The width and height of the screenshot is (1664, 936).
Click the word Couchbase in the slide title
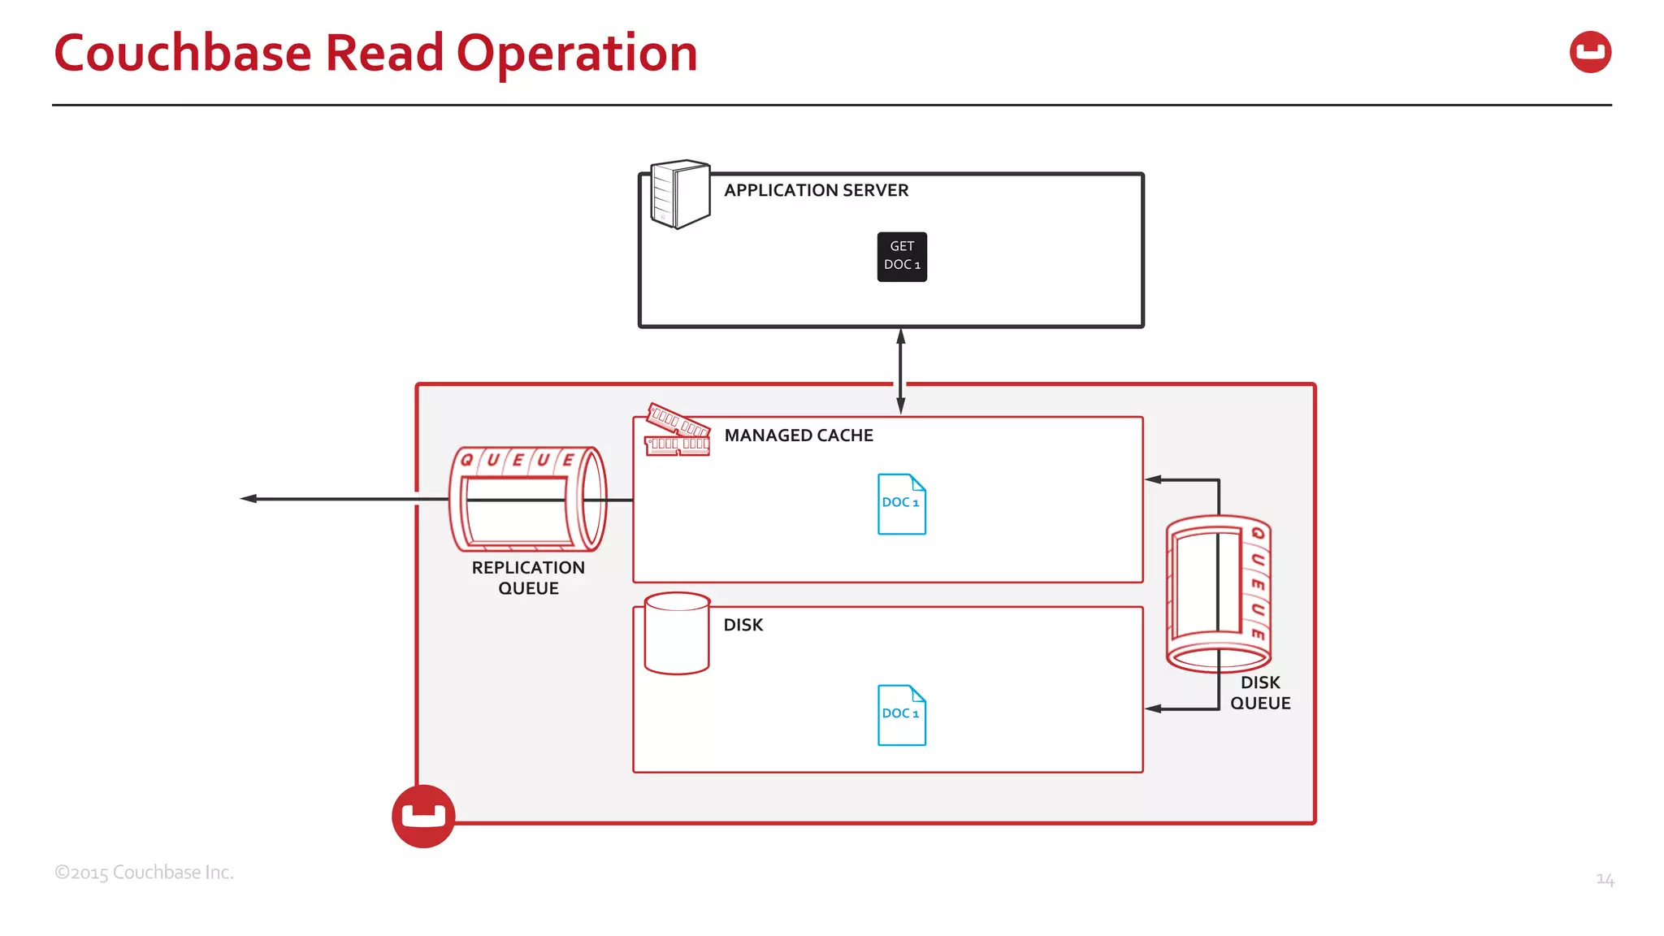coord(183,54)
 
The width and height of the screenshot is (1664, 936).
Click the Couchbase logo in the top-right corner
coord(1590,52)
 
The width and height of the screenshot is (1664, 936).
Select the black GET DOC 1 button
coord(902,257)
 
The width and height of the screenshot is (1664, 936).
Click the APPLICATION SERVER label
coord(816,190)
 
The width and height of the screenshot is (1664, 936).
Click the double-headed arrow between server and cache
coord(900,370)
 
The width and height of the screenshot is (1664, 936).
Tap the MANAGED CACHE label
coord(798,435)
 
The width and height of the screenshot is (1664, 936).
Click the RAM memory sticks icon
coord(678,431)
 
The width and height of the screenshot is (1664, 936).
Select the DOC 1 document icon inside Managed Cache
coord(901,504)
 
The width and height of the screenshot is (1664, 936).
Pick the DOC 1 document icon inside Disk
coord(901,715)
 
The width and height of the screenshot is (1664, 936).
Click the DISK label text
coord(743,625)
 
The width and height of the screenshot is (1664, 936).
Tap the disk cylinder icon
coord(677,634)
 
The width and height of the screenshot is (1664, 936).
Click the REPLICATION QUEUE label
coord(528,578)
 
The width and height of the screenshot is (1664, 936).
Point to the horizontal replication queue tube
coord(528,499)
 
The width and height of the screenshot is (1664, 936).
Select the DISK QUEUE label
coord(1259,693)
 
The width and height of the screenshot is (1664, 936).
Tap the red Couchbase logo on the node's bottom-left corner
coord(423,816)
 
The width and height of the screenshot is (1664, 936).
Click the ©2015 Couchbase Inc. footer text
coord(144,873)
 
